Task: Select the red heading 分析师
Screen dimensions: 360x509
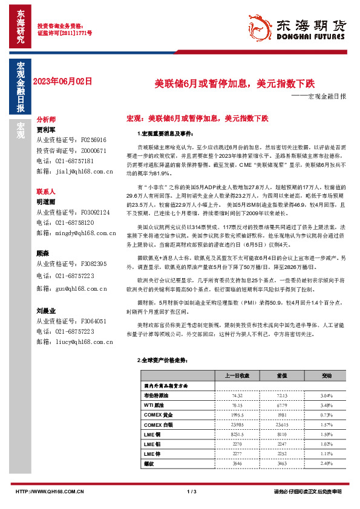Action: [46, 119]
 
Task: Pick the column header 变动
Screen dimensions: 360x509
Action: [326, 375]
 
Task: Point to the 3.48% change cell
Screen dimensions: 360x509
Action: [326, 405]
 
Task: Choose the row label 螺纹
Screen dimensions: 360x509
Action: [149, 463]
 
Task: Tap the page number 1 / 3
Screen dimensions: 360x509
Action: [192, 491]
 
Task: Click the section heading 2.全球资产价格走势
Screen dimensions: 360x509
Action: [160, 360]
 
